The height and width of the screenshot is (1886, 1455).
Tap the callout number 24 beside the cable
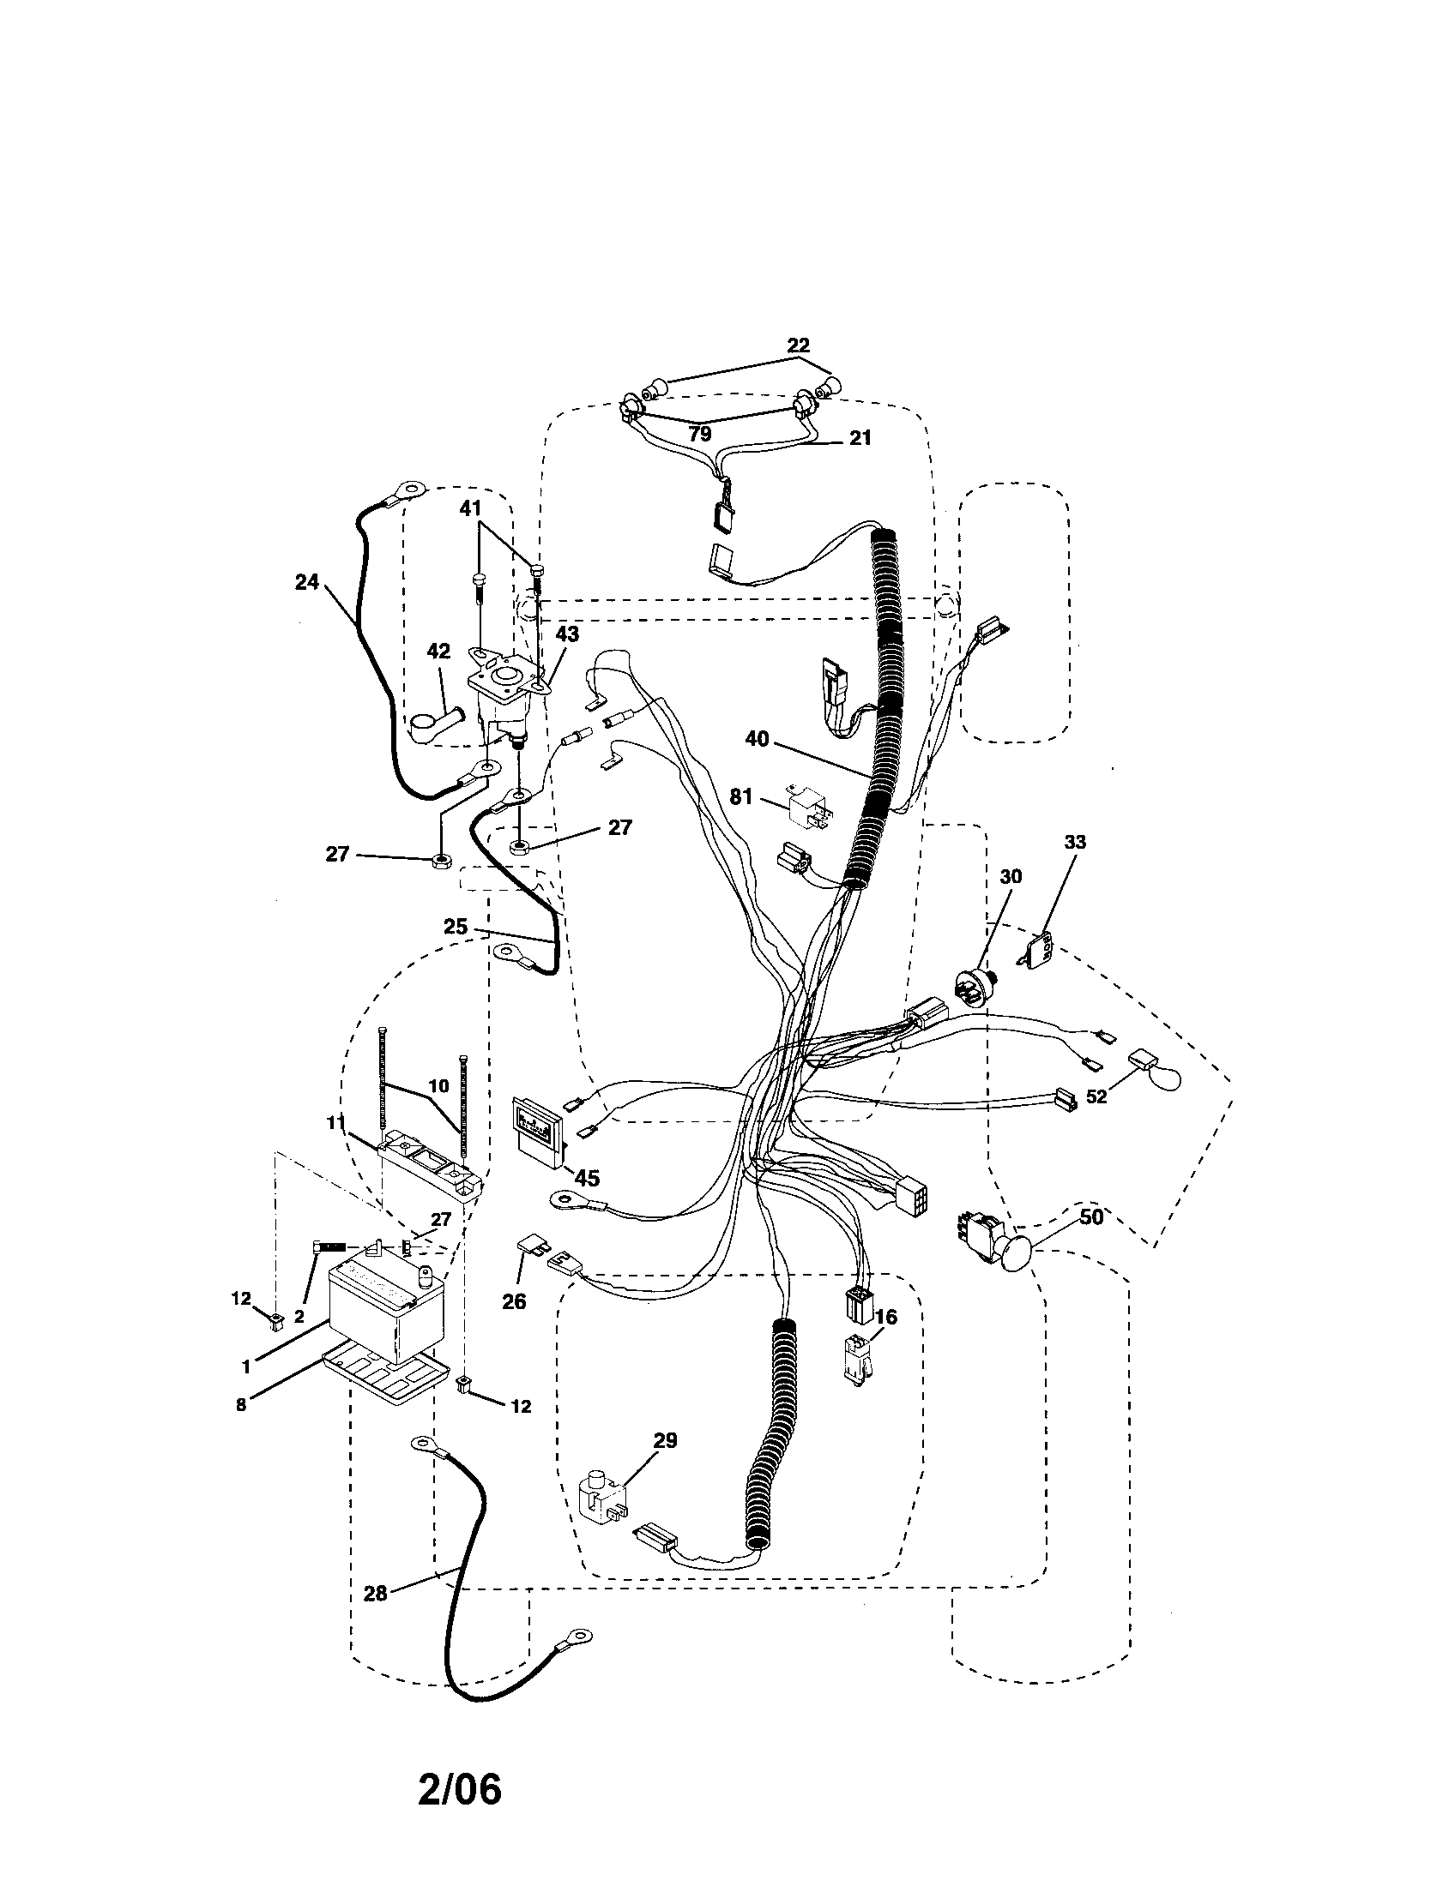307,582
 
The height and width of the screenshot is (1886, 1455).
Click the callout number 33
1075,842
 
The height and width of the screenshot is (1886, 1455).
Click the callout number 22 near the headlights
799,345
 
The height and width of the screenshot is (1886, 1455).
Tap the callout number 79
700,434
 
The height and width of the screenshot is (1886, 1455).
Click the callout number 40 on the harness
757,740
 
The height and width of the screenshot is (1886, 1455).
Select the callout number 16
886,1317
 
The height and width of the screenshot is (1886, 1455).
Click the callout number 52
1096,1122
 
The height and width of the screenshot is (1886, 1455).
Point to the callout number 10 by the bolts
439,1085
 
